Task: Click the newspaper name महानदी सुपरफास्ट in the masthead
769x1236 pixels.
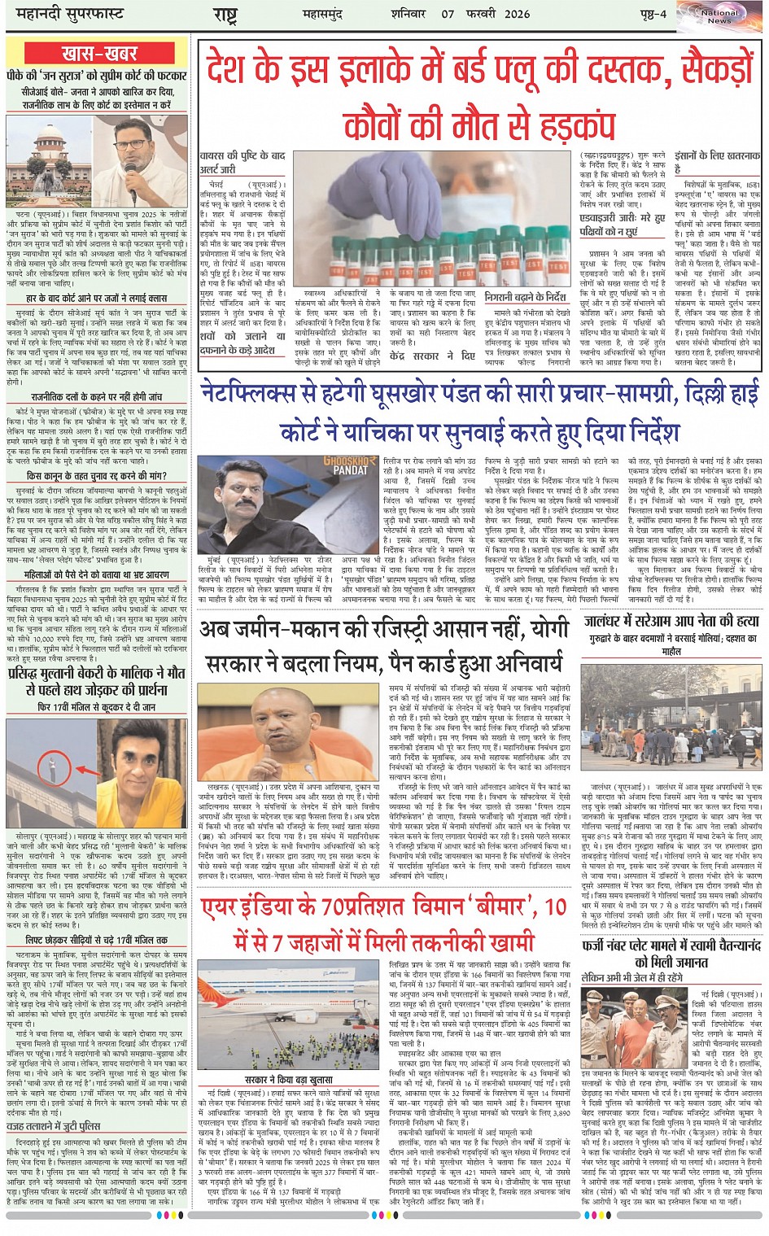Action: pos(64,15)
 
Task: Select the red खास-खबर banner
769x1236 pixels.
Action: pos(98,55)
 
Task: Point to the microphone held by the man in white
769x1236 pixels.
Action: pos(132,172)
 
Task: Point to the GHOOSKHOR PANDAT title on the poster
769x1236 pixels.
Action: pos(351,465)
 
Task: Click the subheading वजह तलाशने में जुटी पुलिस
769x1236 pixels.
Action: pos(53,1126)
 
